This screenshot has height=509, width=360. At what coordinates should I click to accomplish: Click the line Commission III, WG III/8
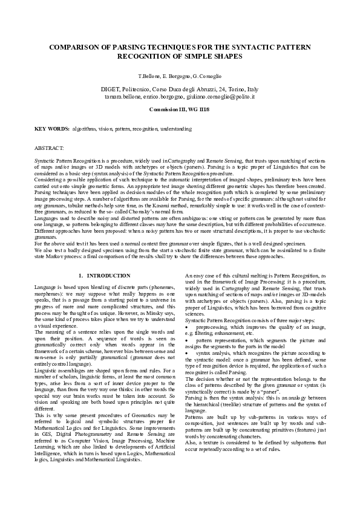(x=179, y=109)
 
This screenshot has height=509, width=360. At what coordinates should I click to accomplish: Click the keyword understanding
(x=175, y=129)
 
